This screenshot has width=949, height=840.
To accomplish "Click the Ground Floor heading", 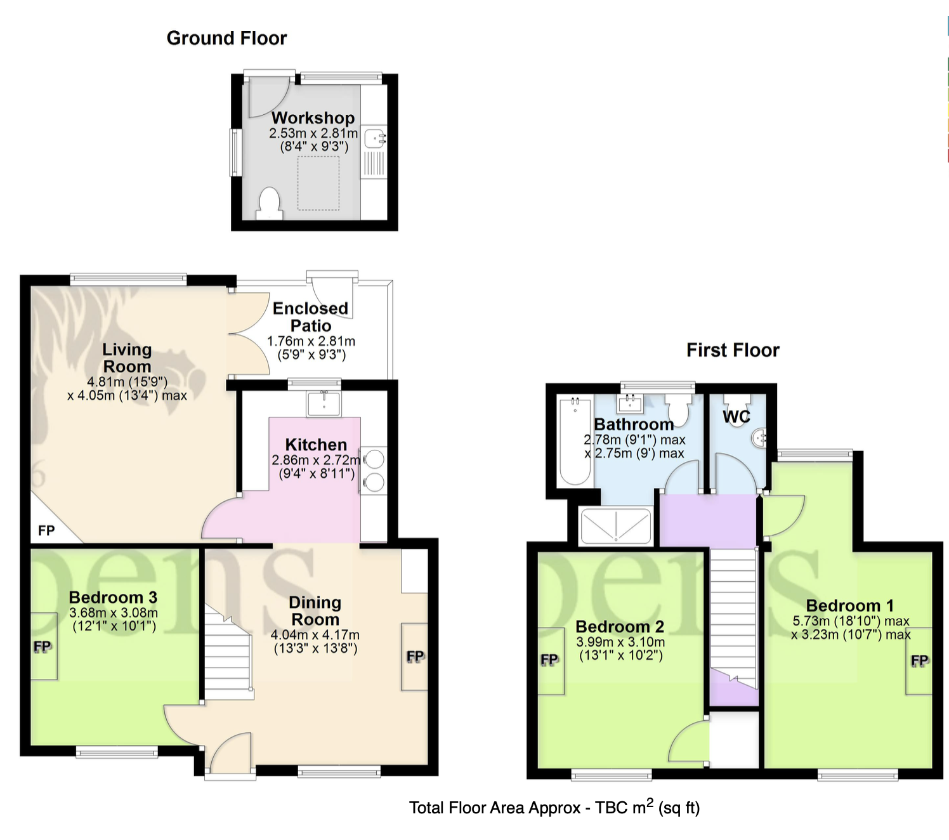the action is pyautogui.click(x=226, y=39).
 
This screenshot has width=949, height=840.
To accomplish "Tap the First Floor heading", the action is pyautogui.click(x=733, y=350).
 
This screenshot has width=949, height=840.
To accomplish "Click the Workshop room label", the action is pyautogui.click(x=313, y=117).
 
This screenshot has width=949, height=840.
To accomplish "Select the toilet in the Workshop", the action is pyautogui.click(x=270, y=204).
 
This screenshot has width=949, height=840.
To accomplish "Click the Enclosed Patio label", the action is pyautogui.click(x=311, y=317).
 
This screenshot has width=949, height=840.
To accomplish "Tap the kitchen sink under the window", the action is pyautogui.click(x=324, y=404).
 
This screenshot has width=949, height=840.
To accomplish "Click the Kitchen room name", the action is pyautogui.click(x=316, y=444).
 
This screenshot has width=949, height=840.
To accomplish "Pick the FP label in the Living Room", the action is pyautogui.click(x=46, y=530).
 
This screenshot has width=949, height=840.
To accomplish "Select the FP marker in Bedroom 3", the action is pyautogui.click(x=42, y=646).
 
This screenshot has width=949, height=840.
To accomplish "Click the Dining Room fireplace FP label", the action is pyautogui.click(x=415, y=657).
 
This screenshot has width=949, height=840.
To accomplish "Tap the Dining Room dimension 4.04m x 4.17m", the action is pyautogui.click(x=315, y=635).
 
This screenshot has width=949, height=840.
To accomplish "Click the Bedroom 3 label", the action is pyautogui.click(x=113, y=597).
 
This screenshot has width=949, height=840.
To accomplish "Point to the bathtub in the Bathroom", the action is pyautogui.click(x=575, y=441).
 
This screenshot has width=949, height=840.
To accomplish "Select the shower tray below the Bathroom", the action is pyautogui.click(x=616, y=526).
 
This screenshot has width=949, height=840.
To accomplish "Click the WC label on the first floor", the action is pyautogui.click(x=736, y=416).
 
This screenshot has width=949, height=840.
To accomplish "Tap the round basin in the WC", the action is pyautogui.click(x=759, y=438).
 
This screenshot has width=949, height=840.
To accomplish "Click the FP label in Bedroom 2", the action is pyautogui.click(x=549, y=660).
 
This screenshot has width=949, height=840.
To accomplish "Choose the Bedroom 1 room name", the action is pyautogui.click(x=849, y=605).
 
